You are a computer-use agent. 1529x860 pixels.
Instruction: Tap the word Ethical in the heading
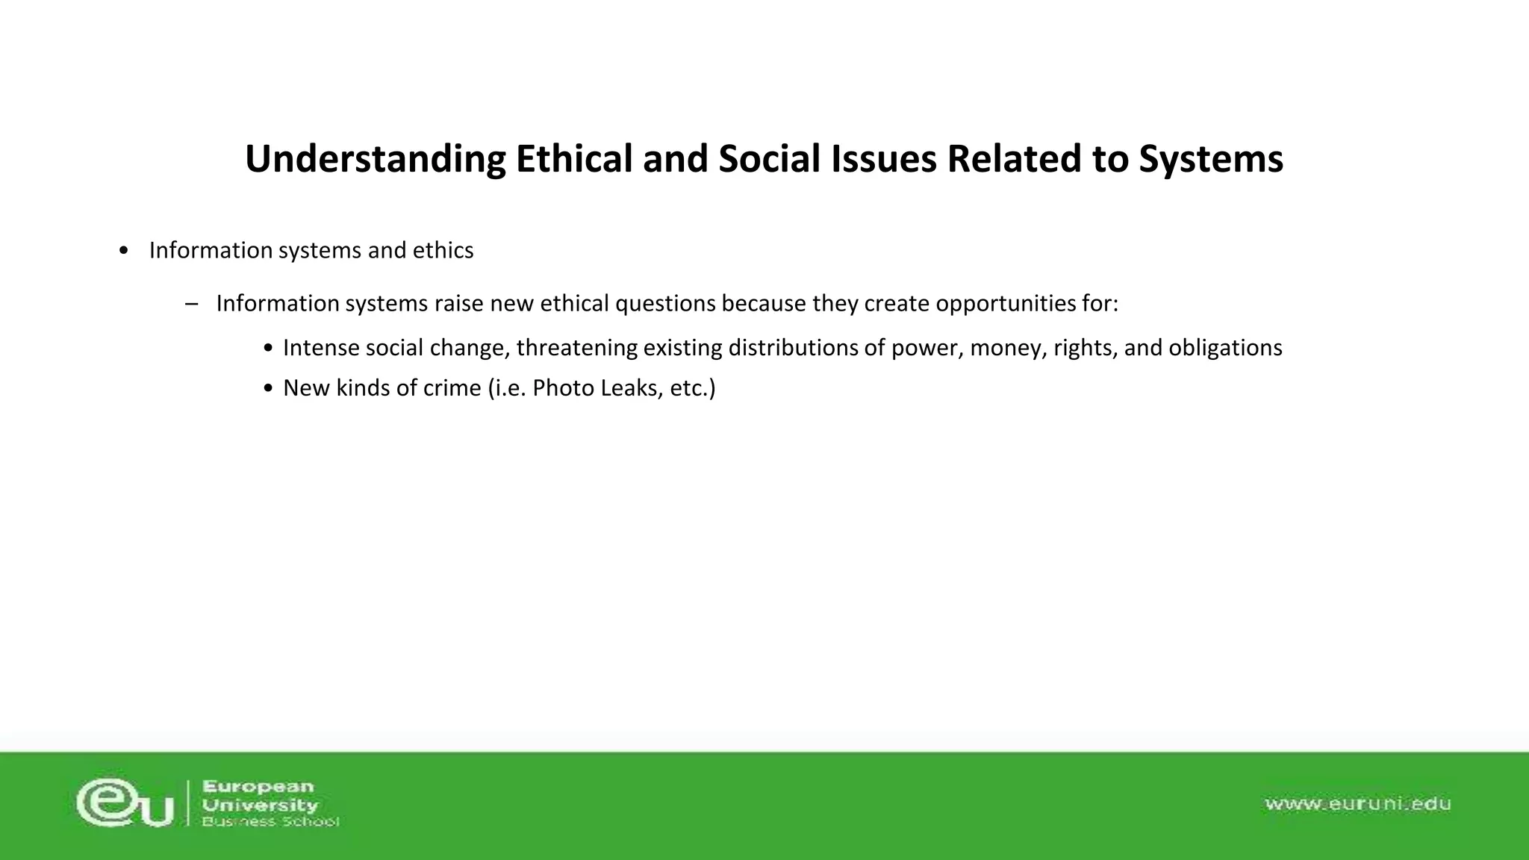click(x=574, y=159)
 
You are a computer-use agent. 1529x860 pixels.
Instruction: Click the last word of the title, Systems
click(x=1210, y=159)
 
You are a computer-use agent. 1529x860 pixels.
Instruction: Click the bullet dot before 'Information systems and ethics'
click(x=123, y=251)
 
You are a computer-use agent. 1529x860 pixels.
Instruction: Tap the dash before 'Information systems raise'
click(x=191, y=304)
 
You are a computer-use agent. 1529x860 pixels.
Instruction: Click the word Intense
click(x=321, y=348)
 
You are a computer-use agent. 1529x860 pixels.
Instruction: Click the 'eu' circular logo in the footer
click(x=124, y=803)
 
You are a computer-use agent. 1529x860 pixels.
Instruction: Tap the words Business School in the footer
click(x=270, y=822)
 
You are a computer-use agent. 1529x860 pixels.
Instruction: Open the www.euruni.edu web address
click(x=1357, y=804)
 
